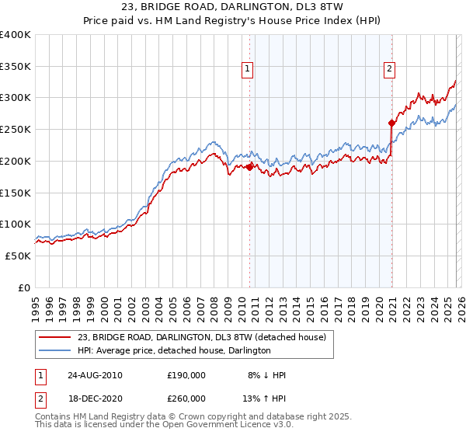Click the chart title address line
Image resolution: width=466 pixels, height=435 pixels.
pos(232,7)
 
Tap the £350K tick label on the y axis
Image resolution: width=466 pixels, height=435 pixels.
pos(16,66)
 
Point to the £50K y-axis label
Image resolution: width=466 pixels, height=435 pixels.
pos(18,256)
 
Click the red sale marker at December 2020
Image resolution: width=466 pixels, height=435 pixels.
pos(391,123)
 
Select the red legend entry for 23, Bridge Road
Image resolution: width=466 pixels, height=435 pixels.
pos(206,337)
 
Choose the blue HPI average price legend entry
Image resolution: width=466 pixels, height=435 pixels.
pos(173,351)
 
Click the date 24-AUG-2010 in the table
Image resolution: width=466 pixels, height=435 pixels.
pos(96,375)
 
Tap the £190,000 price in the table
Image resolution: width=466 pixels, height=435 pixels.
pos(186,375)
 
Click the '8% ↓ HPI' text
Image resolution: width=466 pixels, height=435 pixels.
pos(266,375)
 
